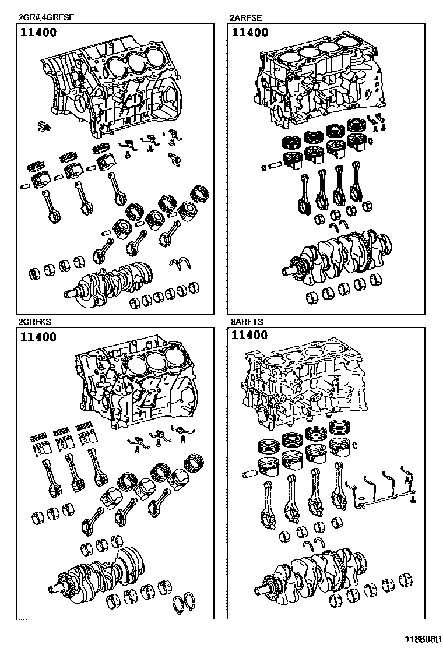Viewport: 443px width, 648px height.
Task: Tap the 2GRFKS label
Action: tap(34, 321)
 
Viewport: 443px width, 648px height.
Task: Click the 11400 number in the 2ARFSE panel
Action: tap(250, 33)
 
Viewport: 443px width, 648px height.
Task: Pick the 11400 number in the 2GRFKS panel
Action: tap(38, 337)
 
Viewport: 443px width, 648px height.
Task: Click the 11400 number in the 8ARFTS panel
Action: tap(250, 335)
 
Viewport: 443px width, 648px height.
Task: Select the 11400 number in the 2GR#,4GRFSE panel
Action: tap(38, 33)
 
